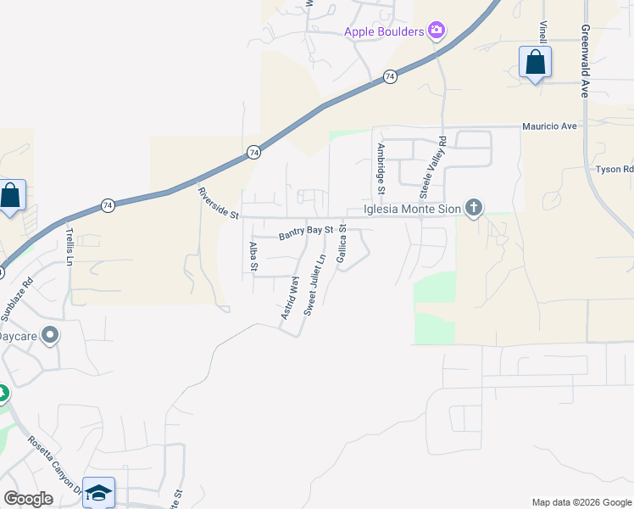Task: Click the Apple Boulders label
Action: pos(384,32)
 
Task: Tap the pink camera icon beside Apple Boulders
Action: pos(437,31)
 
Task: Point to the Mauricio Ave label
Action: pos(549,126)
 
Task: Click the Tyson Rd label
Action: pos(615,170)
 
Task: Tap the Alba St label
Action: pos(253,256)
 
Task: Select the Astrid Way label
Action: pos(291,297)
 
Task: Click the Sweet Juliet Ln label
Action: pos(314,285)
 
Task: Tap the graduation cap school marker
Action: pos(98,492)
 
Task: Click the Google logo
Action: pos(28,499)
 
